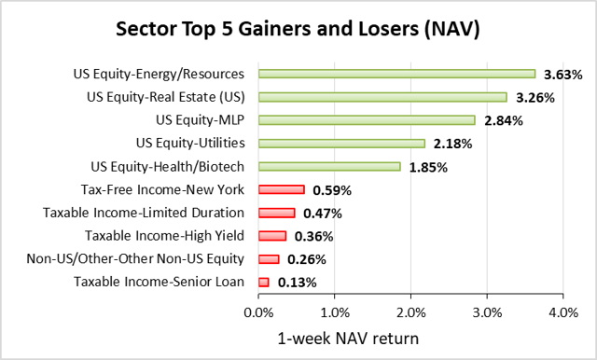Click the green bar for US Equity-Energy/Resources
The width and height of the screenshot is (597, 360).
[396, 73]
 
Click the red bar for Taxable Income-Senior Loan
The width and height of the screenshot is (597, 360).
[263, 282]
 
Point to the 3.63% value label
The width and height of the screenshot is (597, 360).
[564, 74]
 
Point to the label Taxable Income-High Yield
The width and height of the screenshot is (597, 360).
[165, 236]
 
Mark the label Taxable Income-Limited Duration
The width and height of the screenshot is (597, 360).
[144, 213]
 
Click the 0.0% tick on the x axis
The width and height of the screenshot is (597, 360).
[258, 312]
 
